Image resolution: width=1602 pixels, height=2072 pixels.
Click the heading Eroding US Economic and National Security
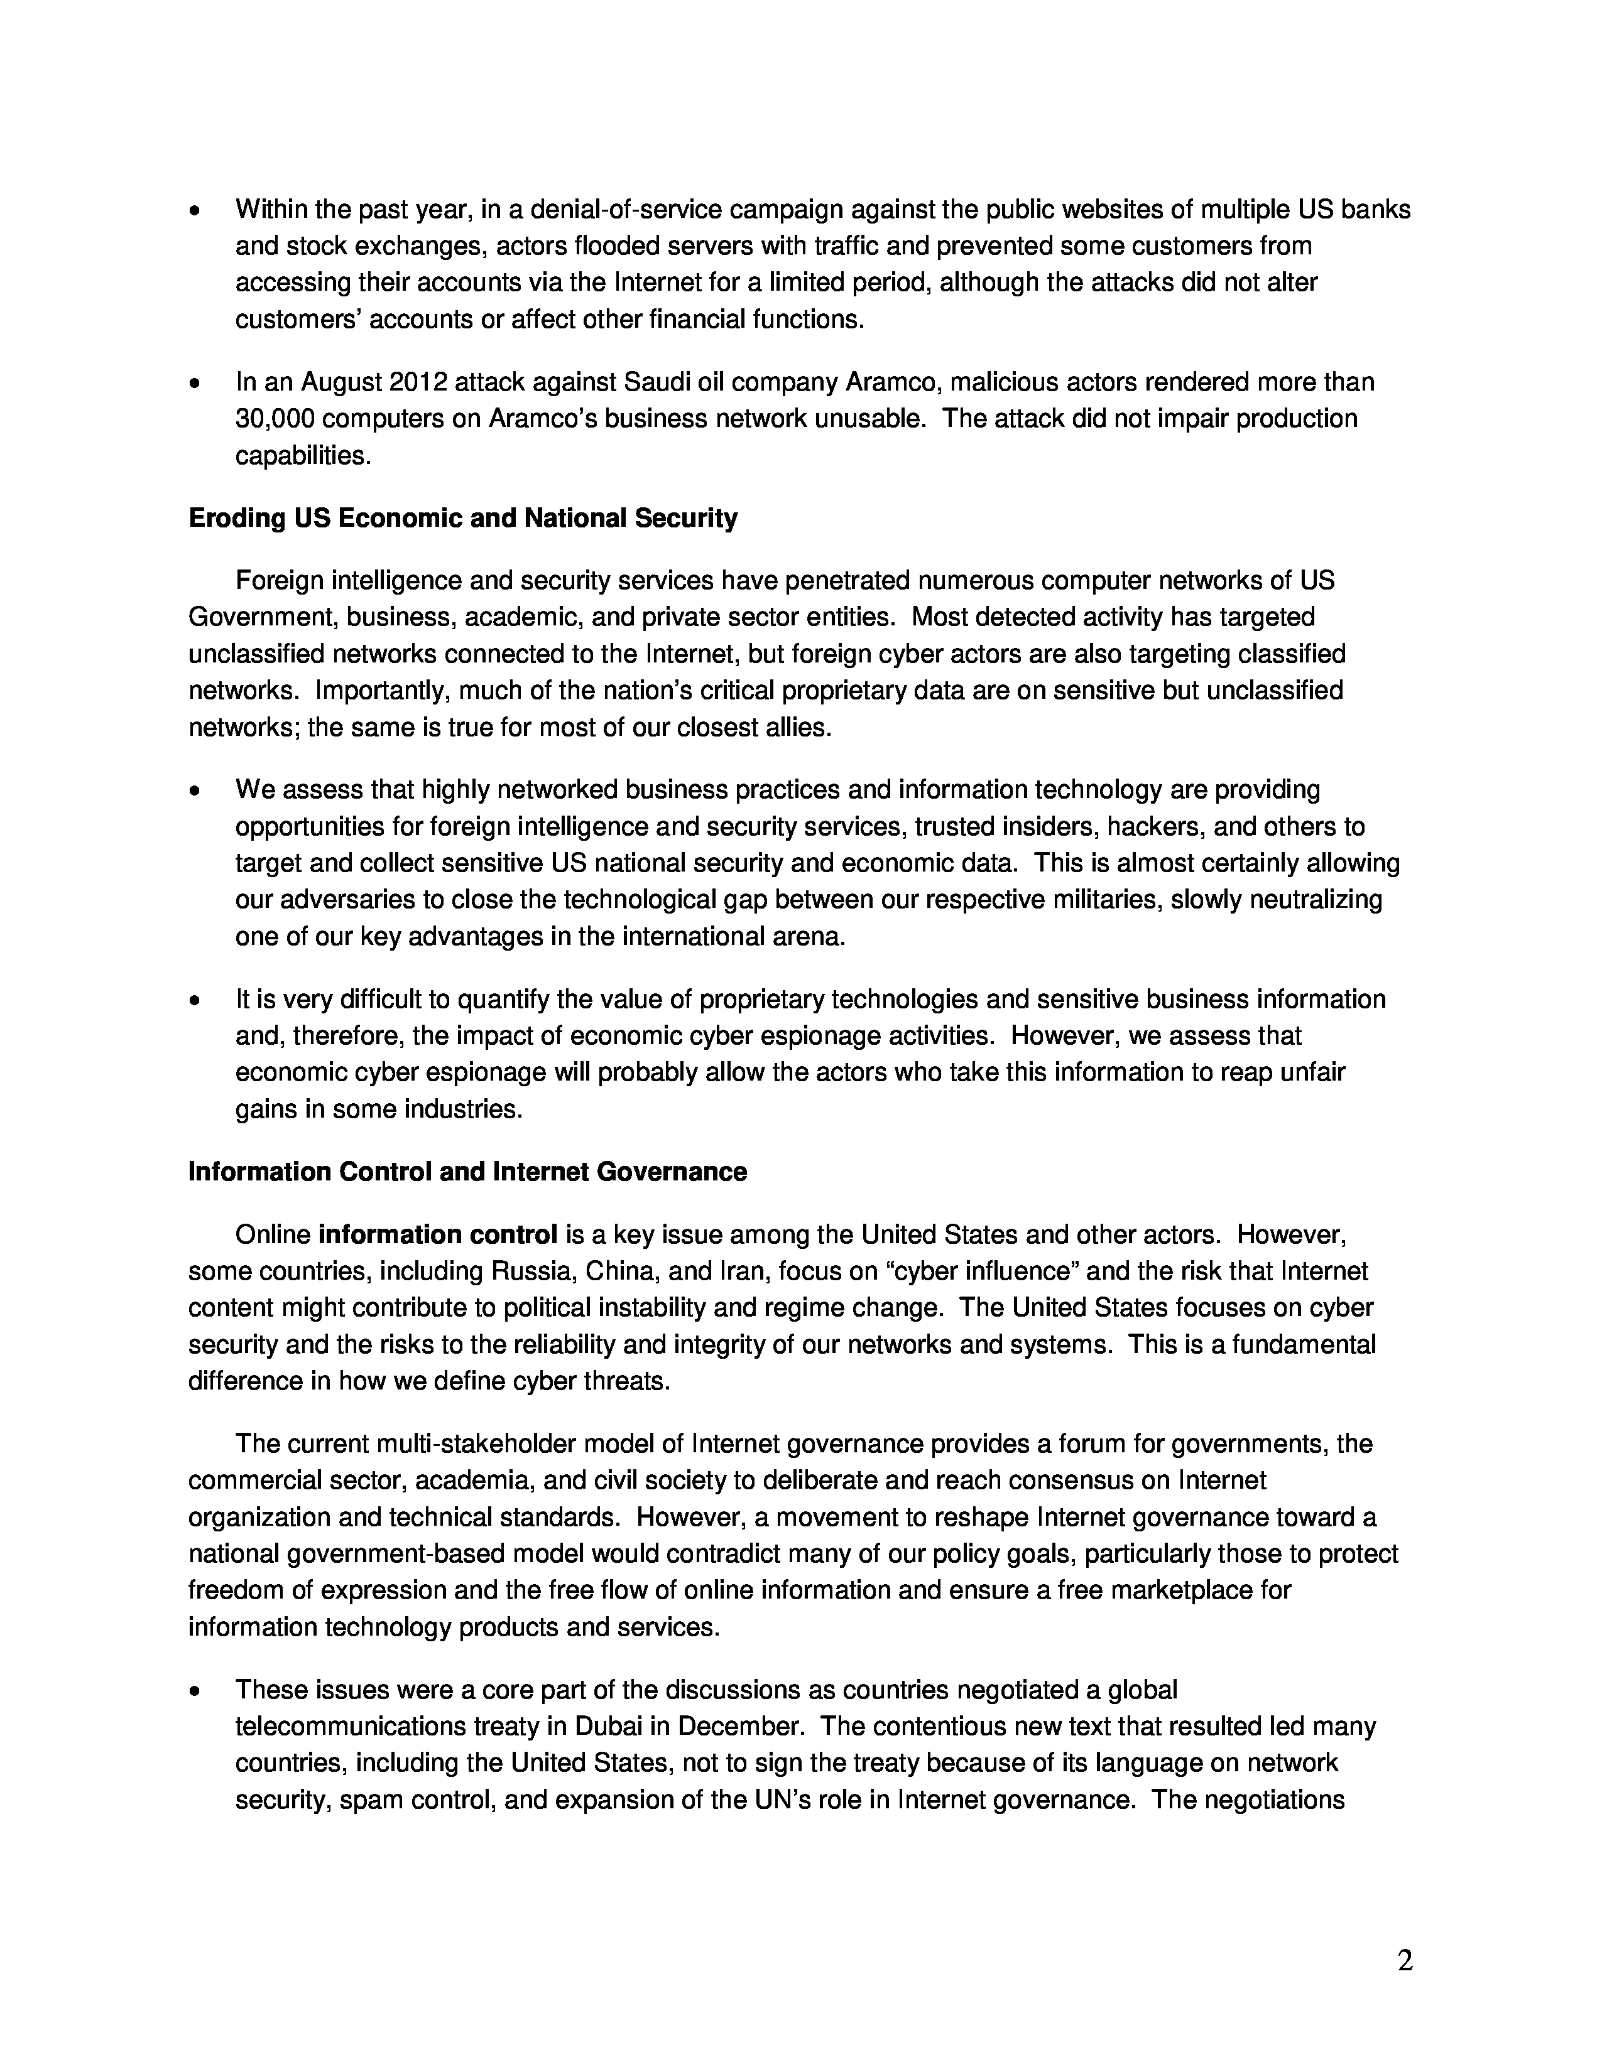[463, 519]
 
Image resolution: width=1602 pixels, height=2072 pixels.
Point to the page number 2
[1405, 1961]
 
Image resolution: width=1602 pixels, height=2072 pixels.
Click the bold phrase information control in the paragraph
[437, 1235]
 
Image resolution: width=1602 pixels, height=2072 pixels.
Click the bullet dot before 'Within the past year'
[195, 210]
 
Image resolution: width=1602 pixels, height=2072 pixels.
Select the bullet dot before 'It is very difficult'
[195, 1001]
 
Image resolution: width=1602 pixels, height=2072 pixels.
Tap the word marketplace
[1180, 1590]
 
